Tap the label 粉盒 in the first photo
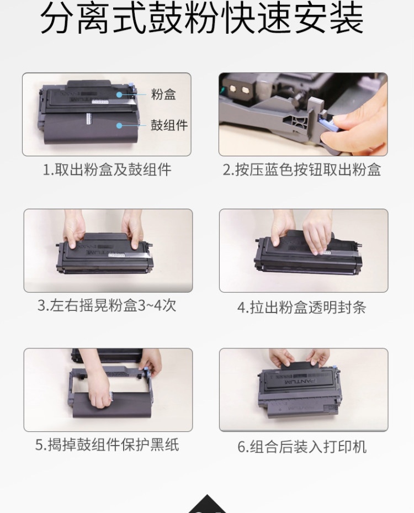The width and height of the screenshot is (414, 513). tap(163, 94)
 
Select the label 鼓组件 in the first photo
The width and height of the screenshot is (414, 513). tap(169, 125)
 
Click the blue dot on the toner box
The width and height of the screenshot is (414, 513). tap(119, 95)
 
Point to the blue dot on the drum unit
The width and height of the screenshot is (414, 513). tap(119, 125)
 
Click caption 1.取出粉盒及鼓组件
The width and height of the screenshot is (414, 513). tap(107, 170)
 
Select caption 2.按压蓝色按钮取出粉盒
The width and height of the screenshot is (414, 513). tap(302, 170)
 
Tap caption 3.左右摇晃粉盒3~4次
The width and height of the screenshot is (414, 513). tap(107, 305)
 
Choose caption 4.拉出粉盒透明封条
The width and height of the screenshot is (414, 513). tap(301, 307)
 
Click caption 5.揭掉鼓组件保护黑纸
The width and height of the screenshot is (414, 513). tap(107, 445)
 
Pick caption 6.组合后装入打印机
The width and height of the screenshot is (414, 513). tap(302, 447)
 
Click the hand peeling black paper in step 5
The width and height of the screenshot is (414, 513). tap(100, 393)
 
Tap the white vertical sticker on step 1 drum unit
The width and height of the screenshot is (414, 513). tap(88, 119)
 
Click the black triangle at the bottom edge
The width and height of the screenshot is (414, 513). tap(208, 504)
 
